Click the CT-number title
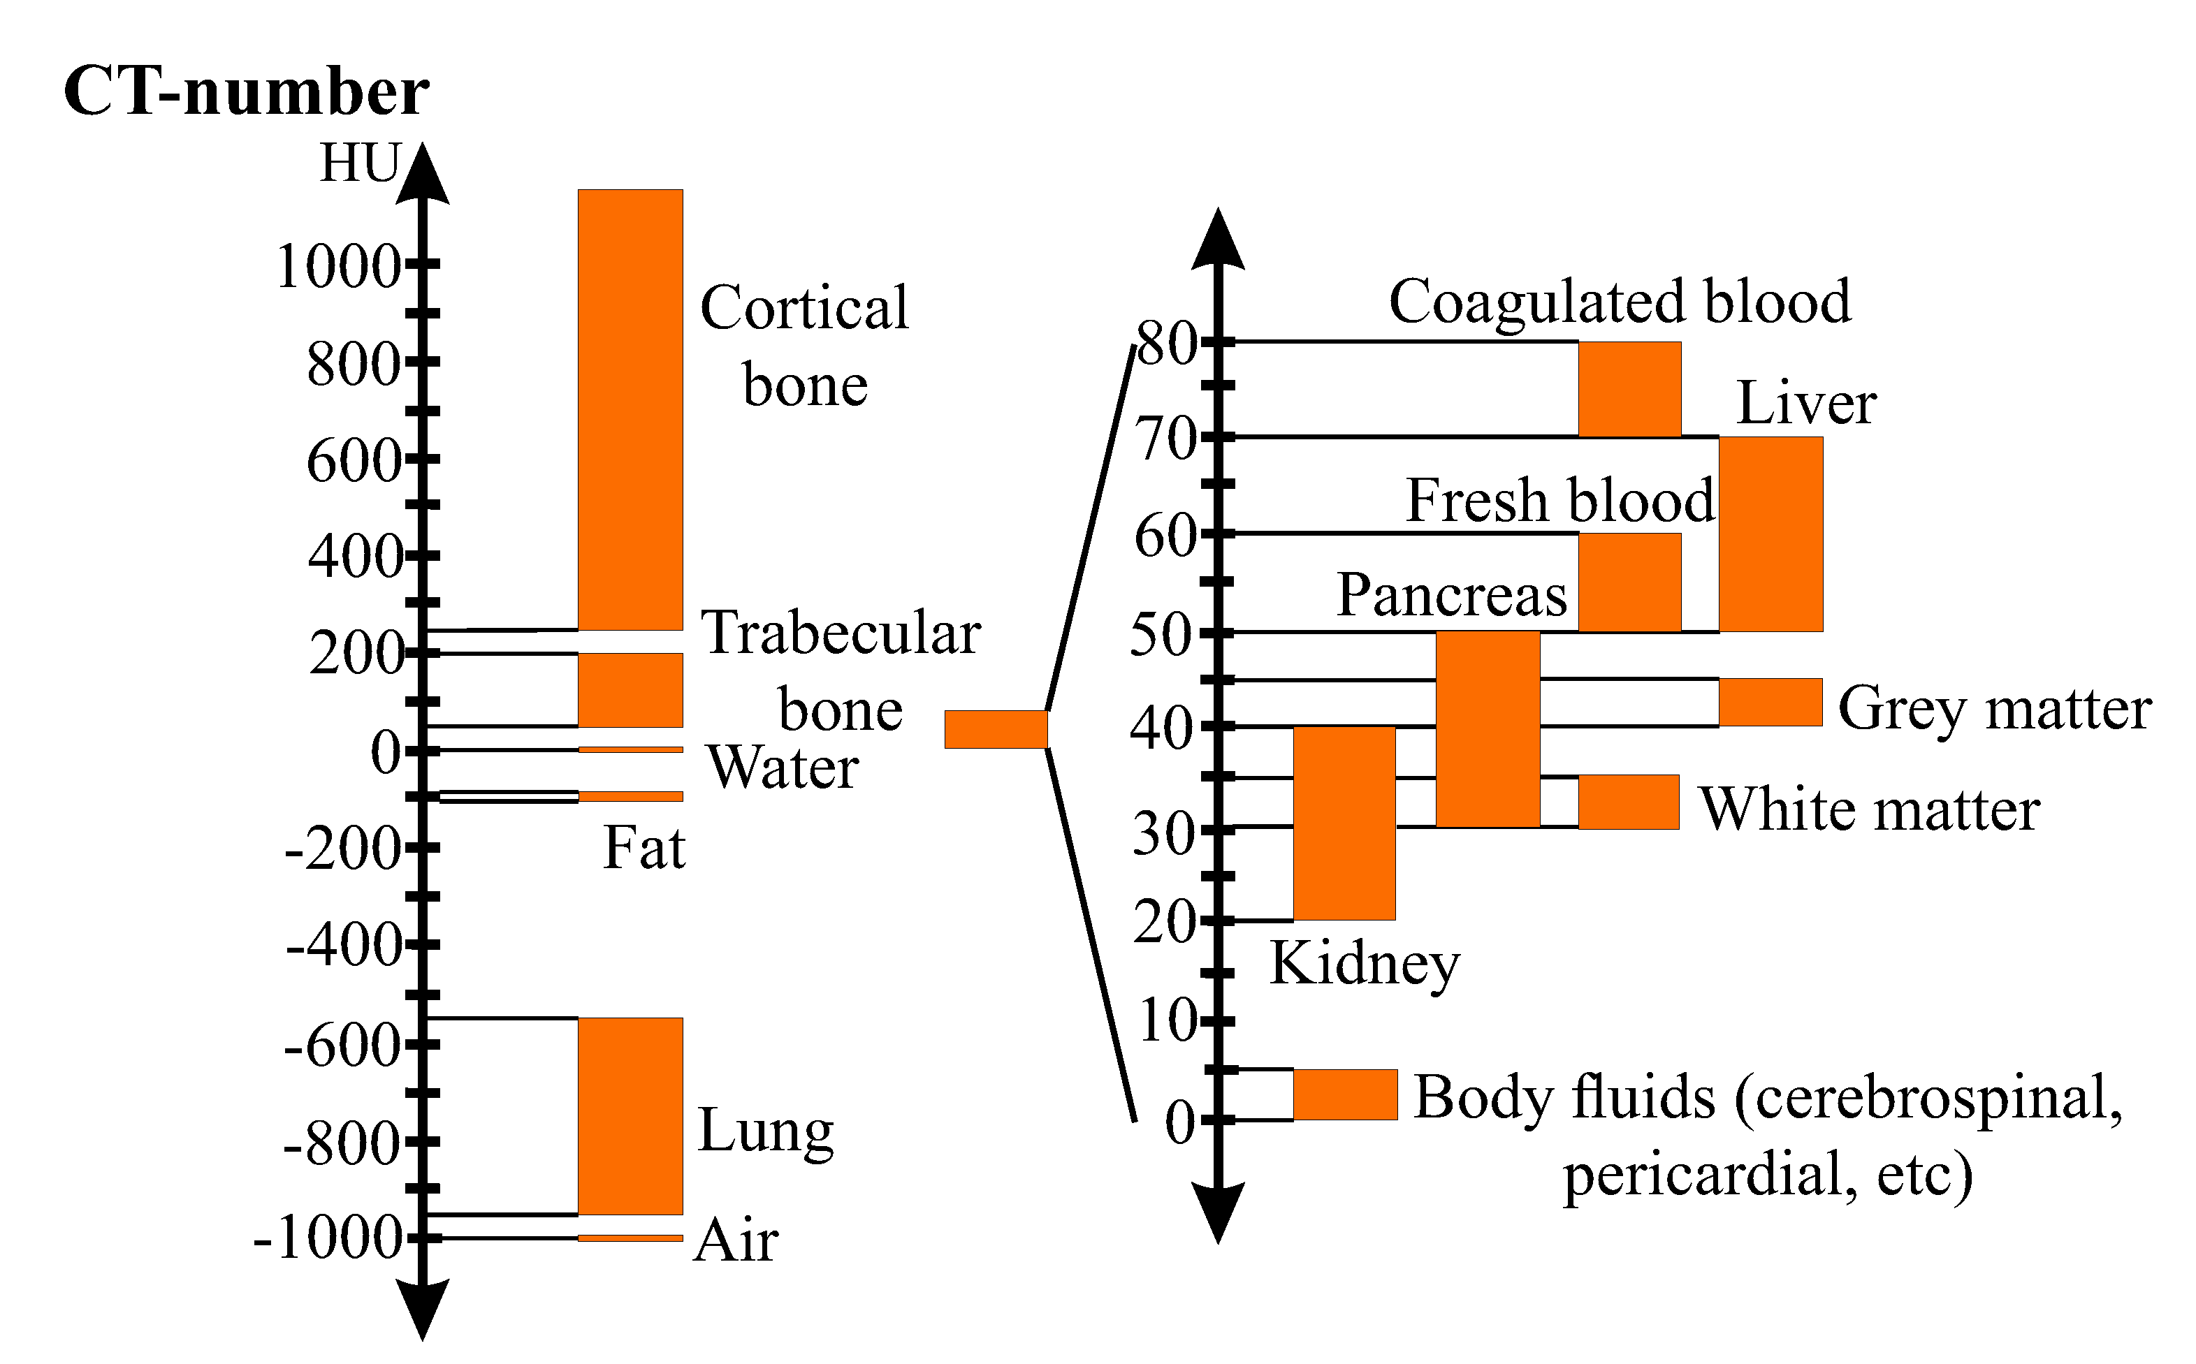[x=247, y=92]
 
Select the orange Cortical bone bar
[x=630, y=409]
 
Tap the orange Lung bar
[x=630, y=1116]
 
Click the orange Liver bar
[x=1770, y=534]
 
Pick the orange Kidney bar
[x=1344, y=823]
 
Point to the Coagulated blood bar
[x=1629, y=389]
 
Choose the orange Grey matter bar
[x=1770, y=702]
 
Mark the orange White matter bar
[x=1629, y=802]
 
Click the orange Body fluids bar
[x=1345, y=1094]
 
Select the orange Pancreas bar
[x=1487, y=729]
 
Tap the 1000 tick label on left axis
[x=338, y=267]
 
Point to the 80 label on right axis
[x=1167, y=344]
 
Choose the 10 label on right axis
[x=1168, y=1022]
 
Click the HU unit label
[x=359, y=164]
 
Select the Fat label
[x=643, y=848]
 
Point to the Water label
[x=783, y=768]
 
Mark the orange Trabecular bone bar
[x=630, y=690]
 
